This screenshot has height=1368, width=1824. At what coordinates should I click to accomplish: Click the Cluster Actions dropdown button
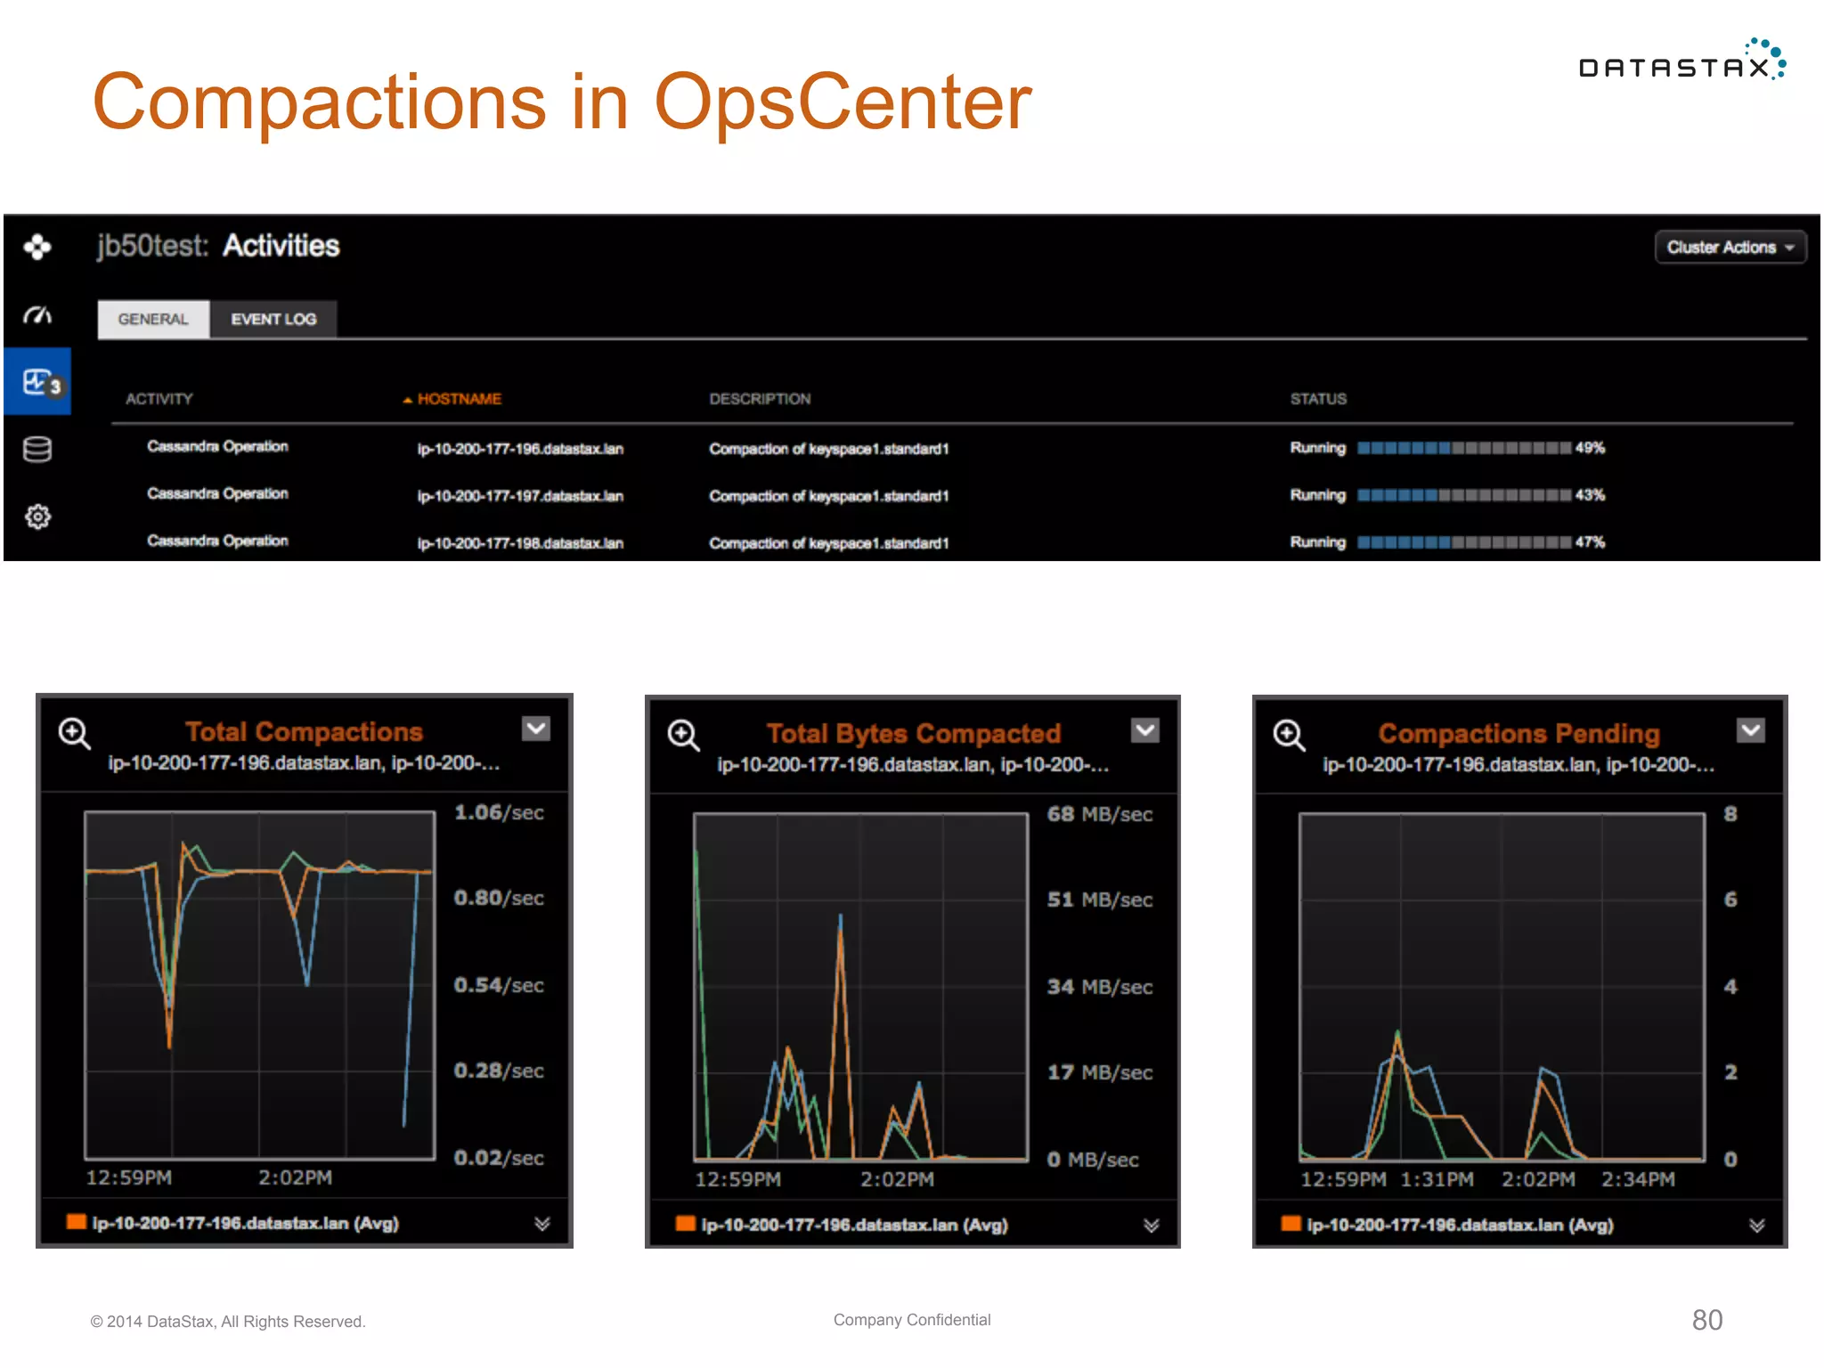click(x=1729, y=248)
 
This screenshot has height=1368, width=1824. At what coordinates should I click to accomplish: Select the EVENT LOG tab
click(x=273, y=319)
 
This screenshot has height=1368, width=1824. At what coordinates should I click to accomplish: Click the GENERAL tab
click(x=153, y=319)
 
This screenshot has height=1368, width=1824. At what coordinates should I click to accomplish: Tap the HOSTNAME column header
click(x=459, y=399)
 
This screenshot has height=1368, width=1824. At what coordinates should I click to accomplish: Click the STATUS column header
click(x=1318, y=399)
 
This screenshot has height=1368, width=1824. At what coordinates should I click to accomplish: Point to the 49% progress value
click(x=1590, y=448)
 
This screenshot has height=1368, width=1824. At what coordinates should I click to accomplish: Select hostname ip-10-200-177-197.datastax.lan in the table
click(x=520, y=496)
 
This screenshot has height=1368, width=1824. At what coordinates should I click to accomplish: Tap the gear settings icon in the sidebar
click(x=37, y=517)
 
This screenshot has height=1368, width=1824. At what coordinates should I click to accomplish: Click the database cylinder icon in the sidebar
click(x=37, y=450)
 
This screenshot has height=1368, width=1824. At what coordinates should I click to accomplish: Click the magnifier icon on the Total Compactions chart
click(x=74, y=734)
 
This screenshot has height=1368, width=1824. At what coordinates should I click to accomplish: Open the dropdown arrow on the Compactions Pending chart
click(x=1750, y=730)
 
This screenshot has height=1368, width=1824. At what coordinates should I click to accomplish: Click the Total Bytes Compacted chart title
click(x=913, y=733)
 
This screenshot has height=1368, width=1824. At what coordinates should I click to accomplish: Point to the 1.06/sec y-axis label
click(x=499, y=812)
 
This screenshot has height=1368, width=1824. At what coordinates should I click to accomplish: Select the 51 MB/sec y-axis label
click(x=1099, y=900)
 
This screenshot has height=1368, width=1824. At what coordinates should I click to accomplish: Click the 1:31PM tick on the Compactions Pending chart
click(x=1437, y=1179)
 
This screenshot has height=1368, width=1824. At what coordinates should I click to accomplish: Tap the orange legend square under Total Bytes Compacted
click(x=685, y=1224)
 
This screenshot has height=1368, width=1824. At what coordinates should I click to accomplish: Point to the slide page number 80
click(x=1706, y=1320)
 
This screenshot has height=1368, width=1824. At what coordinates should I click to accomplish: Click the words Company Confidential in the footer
click(x=911, y=1320)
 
